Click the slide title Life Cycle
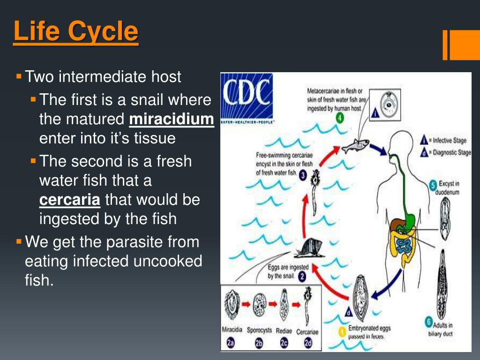tap(76, 32)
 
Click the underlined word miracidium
tap(171, 119)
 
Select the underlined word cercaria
tap(69, 200)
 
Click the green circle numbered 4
tap(339, 119)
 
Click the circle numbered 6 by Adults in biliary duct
tap(428, 322)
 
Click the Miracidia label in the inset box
tap(232, 330)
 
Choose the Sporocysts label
tap(259, 330)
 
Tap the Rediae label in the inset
tap(284, 330)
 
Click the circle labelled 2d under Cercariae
tap(307, 343)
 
